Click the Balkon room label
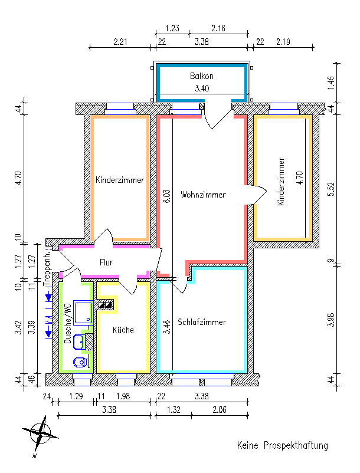202,76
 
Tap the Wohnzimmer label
203,195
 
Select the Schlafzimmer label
202,322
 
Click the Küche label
123,330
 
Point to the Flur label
106,262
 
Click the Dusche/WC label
68,323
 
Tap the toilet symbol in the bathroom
81,362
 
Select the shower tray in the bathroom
83,313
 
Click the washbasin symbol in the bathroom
78,342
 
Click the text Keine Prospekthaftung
283,445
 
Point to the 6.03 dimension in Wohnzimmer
167,196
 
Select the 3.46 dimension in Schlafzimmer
167,327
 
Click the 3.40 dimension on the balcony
202,88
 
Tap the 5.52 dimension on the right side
331,189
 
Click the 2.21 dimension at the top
120,42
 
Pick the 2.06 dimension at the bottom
220,410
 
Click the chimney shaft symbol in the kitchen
106,305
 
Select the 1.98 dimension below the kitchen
123,396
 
